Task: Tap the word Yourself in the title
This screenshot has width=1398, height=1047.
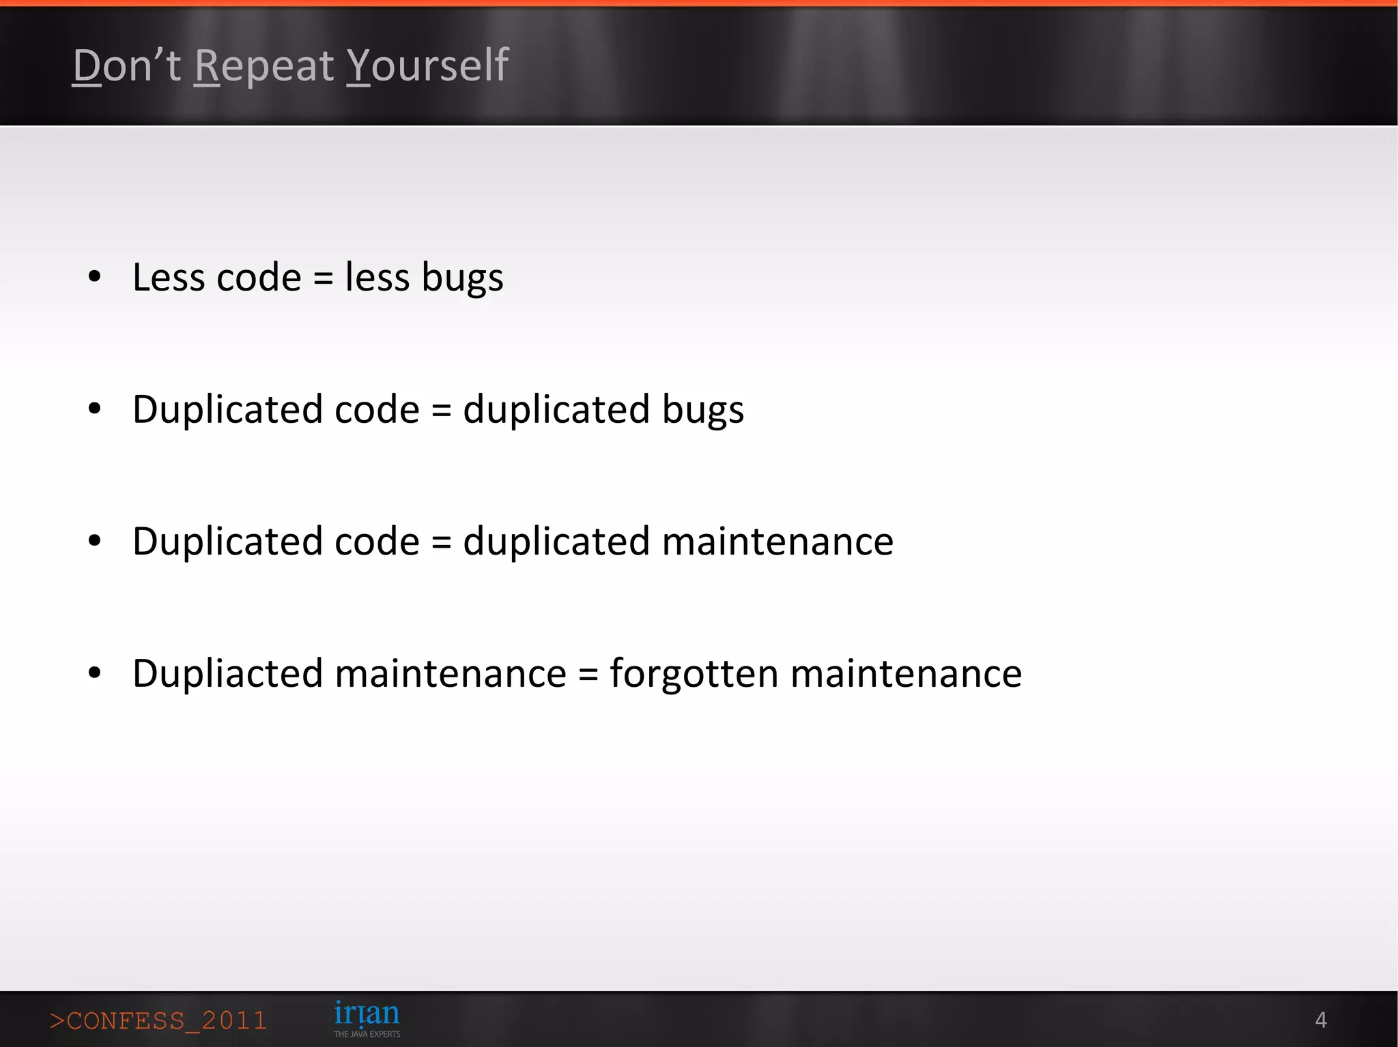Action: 427,66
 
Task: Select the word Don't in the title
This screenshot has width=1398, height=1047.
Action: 127,66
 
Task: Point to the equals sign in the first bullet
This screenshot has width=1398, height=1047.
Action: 323,279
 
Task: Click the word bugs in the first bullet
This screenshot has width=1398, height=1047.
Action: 462,279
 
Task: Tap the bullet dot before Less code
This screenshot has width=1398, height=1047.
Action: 95,276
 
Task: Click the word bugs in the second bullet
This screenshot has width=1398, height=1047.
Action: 702,411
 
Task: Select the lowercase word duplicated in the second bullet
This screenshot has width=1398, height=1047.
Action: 556,410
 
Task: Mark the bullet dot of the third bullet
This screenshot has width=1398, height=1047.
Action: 95,541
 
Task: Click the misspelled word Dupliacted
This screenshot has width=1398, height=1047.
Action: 227,675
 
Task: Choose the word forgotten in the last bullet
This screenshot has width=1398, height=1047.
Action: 694,675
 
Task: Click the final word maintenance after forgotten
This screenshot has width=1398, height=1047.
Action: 906,675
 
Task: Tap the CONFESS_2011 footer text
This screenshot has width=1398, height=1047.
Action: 158,1020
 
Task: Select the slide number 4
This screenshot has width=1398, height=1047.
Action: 1320,1020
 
